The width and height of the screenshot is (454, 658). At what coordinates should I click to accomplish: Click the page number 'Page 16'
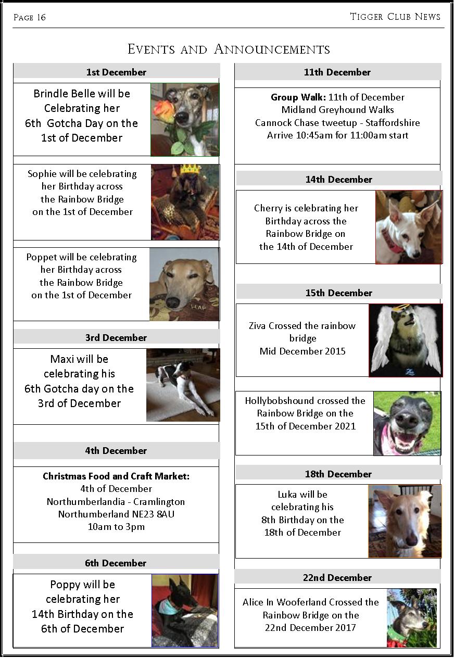30,18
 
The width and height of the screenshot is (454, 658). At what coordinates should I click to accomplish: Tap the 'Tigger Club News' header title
395,17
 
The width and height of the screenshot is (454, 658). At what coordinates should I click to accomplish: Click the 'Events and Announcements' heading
229,49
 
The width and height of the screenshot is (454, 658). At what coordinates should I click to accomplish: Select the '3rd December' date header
116,338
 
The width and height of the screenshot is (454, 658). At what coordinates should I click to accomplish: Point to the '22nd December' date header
337,577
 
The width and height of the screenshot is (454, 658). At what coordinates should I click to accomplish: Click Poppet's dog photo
184,284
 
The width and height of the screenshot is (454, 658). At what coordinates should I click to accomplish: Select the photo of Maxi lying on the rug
183,385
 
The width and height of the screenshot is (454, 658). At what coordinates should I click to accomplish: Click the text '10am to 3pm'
116,527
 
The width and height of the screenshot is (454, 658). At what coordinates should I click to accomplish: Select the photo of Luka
405,521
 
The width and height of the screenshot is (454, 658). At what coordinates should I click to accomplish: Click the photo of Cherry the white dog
409,227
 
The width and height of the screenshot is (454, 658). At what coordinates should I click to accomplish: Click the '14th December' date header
339,180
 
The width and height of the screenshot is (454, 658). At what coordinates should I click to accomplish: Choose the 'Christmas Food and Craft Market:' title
116,476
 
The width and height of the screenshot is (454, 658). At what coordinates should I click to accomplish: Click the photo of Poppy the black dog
185,610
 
